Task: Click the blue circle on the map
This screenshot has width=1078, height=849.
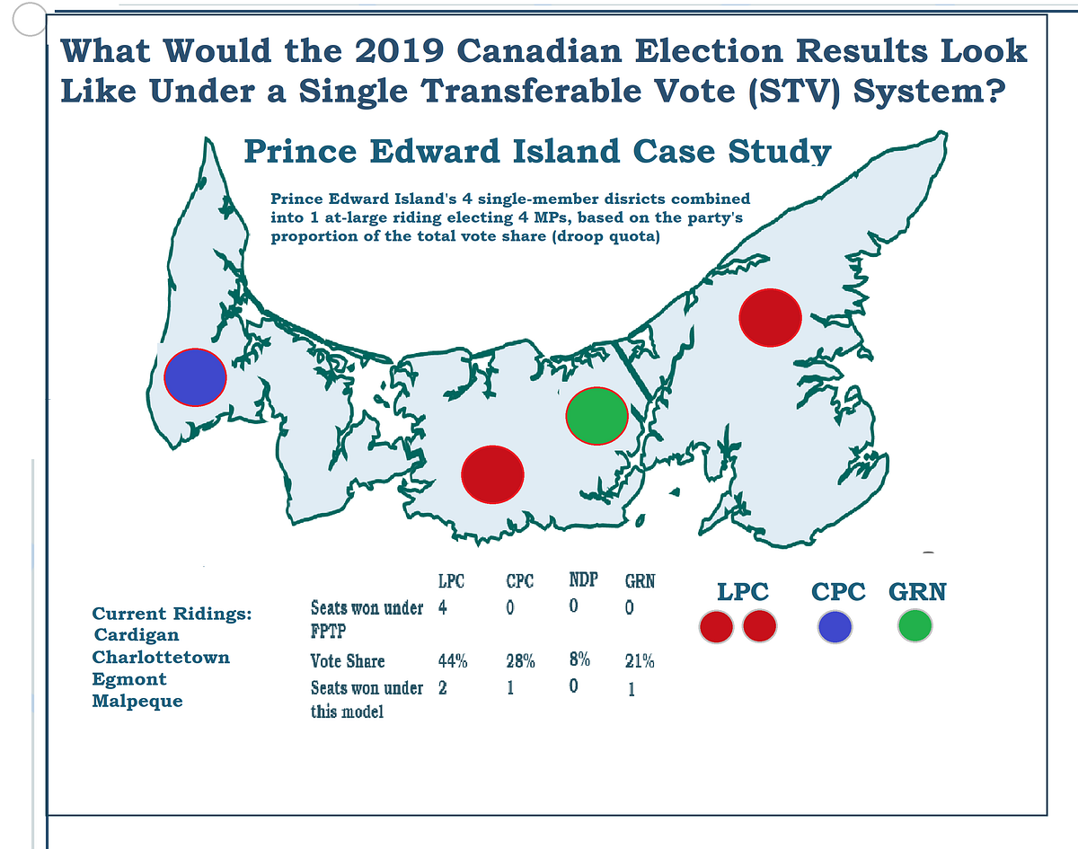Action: coord(195,376)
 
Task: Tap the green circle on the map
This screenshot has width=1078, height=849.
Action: coord(596,416)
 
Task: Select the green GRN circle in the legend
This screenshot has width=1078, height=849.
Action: coord(915,626)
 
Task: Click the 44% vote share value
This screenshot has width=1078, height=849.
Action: coord(453,661)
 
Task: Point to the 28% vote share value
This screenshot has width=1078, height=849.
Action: coord(520,661)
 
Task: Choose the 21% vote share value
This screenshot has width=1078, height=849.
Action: coord(640,661)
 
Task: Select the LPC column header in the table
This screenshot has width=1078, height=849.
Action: coord(451,581)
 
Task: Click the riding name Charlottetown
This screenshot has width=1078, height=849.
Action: coord(161,657)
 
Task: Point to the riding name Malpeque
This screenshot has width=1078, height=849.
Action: coord(137,701)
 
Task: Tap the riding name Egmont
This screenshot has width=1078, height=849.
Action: coord(129,679)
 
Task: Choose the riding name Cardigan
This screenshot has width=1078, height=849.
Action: coord(137,635)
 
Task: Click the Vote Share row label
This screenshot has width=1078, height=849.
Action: coord(348,661)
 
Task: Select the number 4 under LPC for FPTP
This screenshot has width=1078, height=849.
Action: coord(444,607)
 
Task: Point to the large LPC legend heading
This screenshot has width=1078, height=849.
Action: coord(742,592)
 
